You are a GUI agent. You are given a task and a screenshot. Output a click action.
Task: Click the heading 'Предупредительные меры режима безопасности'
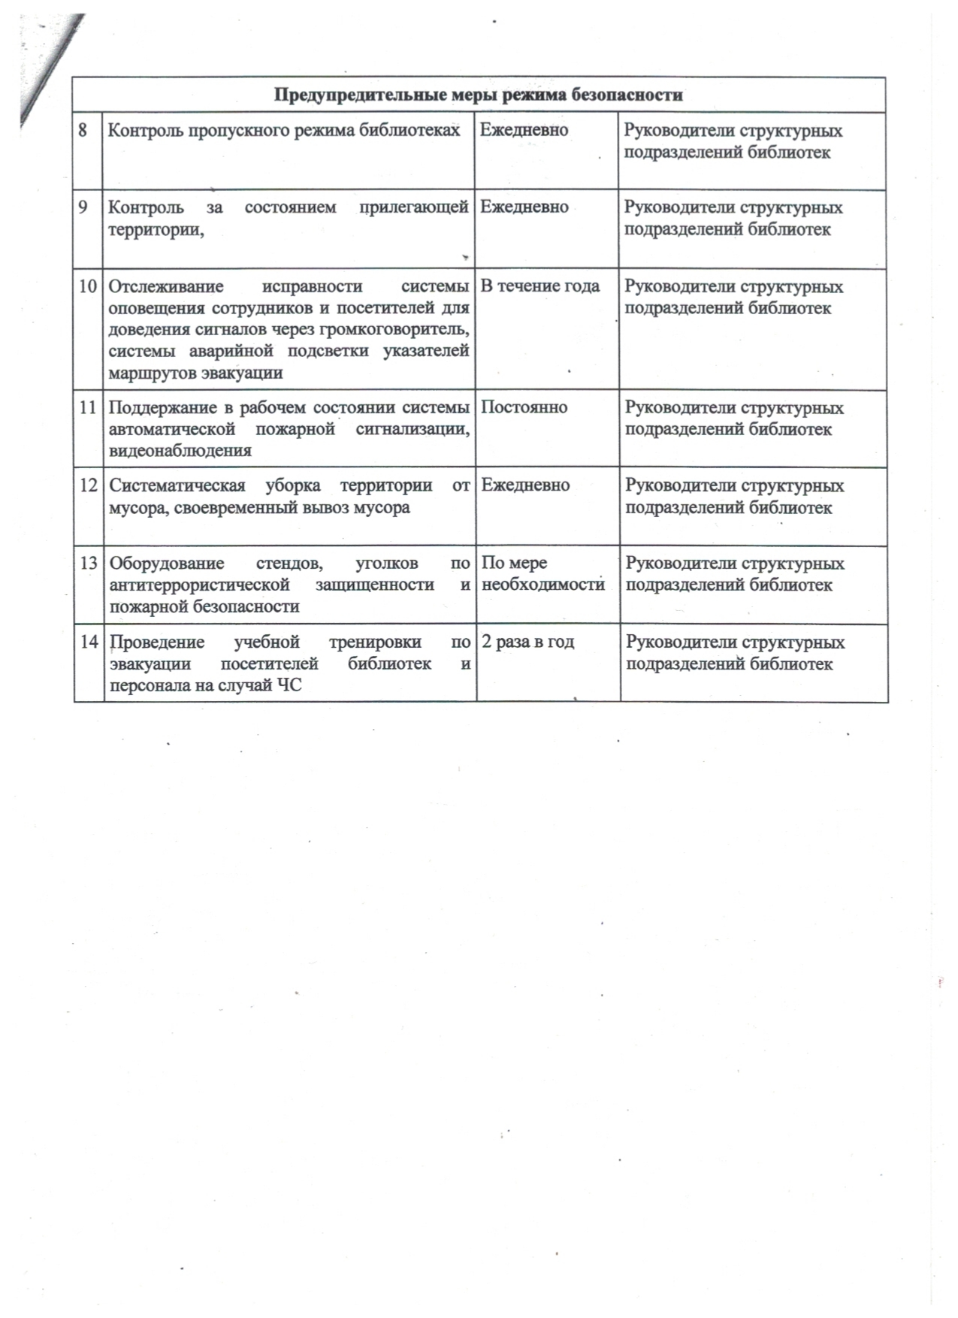(479, 95)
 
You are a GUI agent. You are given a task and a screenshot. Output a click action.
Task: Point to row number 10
(88, 286)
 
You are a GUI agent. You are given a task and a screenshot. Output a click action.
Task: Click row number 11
(88, 407)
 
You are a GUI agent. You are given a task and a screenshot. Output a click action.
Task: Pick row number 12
(89, 485)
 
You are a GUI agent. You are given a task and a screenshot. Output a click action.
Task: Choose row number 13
(89, 564)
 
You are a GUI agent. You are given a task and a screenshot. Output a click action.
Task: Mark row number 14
(89, 642)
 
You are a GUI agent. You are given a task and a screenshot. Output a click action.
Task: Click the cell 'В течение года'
(539, 286)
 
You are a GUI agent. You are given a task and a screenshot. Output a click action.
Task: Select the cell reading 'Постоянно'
(524, 407)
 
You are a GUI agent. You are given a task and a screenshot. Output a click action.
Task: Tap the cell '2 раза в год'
(527, 642)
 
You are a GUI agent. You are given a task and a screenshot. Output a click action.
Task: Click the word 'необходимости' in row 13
(543, 585)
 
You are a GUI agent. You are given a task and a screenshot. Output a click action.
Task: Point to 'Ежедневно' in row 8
(524, 130)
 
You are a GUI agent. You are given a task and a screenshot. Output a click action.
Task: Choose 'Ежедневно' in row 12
(525, 485)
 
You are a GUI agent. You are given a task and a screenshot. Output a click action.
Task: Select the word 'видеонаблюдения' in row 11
(180, 451)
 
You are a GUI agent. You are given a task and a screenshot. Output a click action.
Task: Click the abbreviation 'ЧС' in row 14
(289, 685)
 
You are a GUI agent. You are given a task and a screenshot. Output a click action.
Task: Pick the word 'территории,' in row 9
(157, 229)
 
